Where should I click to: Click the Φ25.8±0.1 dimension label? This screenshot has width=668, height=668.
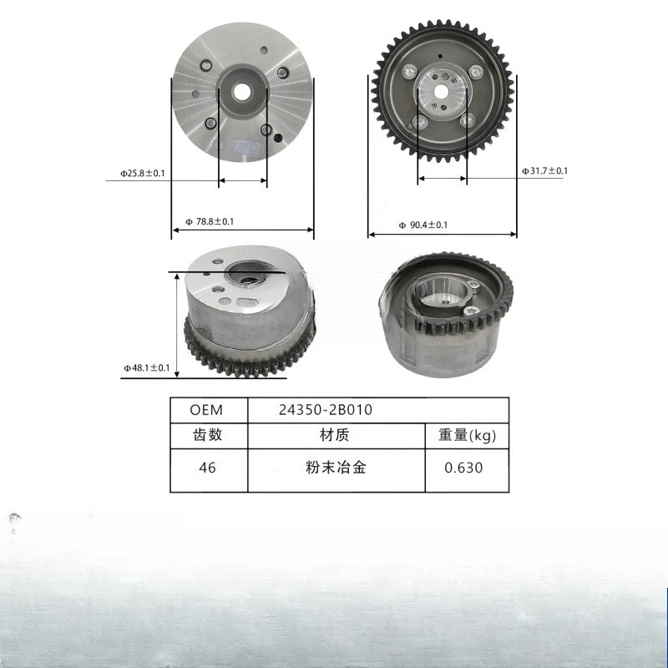coord(142,174)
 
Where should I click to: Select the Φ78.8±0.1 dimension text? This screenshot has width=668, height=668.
coord(210,221)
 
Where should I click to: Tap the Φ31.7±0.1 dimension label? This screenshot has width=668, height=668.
coord(545,171)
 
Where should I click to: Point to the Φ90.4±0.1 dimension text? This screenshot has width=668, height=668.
coord(423,225)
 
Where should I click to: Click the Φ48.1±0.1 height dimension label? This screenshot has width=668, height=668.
coord(147,367)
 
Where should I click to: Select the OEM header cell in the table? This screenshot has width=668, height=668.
coord(206,410)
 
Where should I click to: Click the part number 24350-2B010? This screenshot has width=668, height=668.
coord(326,410)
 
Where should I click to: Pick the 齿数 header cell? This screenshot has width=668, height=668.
coord(207,435)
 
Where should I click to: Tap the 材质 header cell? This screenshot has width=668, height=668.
coord(335,435)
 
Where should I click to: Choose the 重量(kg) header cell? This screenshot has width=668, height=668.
coord(468,435)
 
